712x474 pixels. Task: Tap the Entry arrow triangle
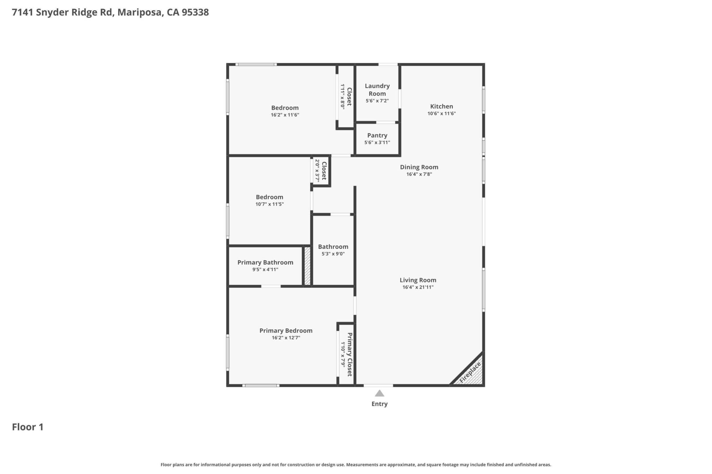click(x=379, y=393)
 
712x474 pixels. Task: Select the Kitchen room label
click(x=441, y=107)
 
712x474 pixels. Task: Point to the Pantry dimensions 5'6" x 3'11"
click(x=377, y=143)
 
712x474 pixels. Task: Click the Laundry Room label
click(x=377, y=90)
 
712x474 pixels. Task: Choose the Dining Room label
click(x=419, y=167)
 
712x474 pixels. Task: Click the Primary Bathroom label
click(x=265, y=262)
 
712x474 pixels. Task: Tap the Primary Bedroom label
click(x=286, y=331)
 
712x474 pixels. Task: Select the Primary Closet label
click(x=350, y=355)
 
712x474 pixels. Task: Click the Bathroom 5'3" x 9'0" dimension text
click(x=333, y=254)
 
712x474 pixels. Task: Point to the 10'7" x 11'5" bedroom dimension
click(x=269, y=204)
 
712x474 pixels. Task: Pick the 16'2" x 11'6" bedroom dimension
click(x=285, y=115)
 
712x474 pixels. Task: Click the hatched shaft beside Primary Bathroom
click(x=307, y=266)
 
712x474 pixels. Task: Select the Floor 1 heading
click(x=28, y=427)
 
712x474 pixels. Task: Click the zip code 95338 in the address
click(x=195, y=13)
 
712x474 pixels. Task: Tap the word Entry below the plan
click(x=379, y=404)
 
